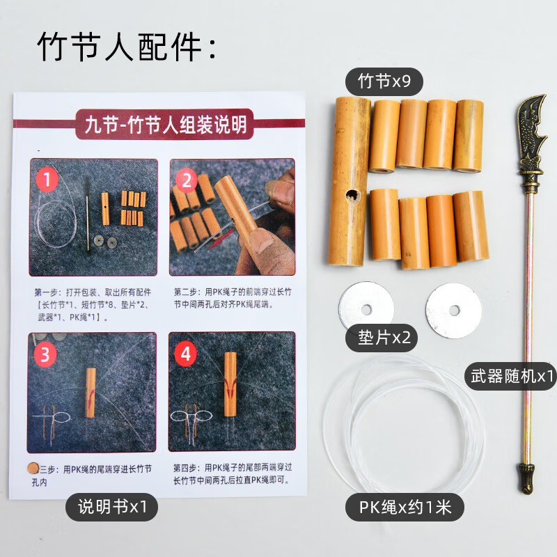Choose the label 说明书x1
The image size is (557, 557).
[111, 507]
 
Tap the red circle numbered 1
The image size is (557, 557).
[47, 182]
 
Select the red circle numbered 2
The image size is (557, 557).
[187, 182]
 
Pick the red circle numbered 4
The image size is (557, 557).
[185, 354]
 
